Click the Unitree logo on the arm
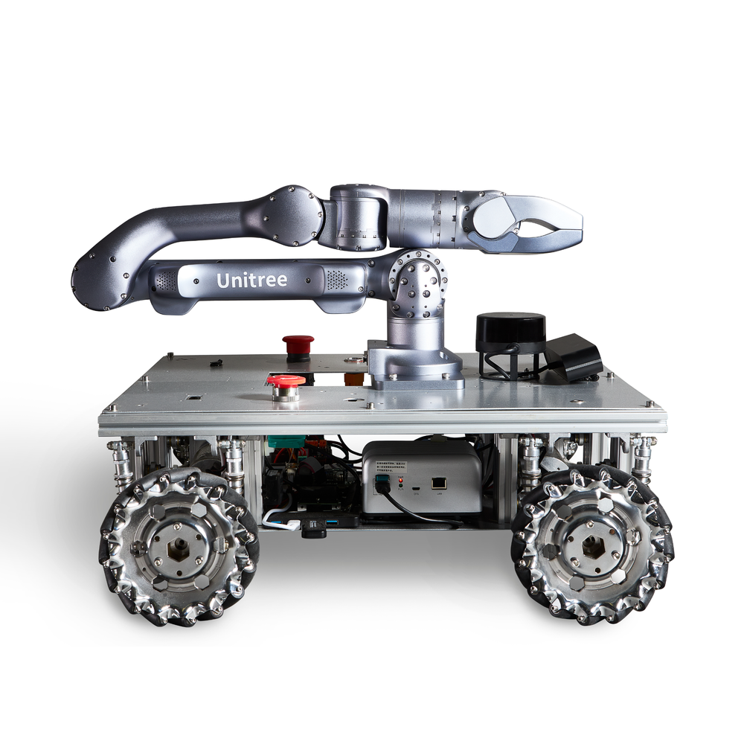click(x=251, y=280)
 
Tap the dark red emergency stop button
click(x=298, y=344)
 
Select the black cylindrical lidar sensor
click(x=510, y=333)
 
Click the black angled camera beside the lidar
click(x=573, y=357)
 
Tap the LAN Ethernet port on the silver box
click(x=438, y=484)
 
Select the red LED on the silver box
click(x=401, y=481)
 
